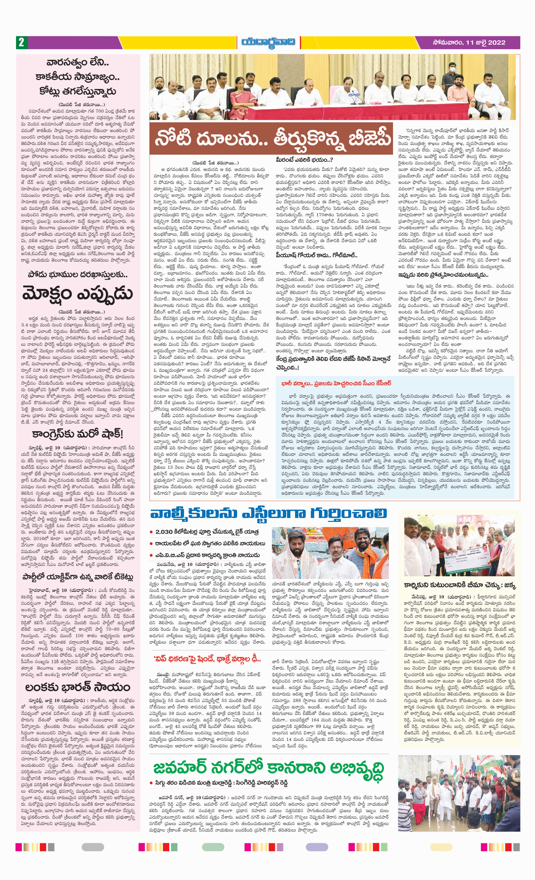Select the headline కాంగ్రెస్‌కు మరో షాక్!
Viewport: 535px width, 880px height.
(77, 434)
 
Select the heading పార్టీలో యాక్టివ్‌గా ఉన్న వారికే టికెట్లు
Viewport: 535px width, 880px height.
(77, 577)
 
